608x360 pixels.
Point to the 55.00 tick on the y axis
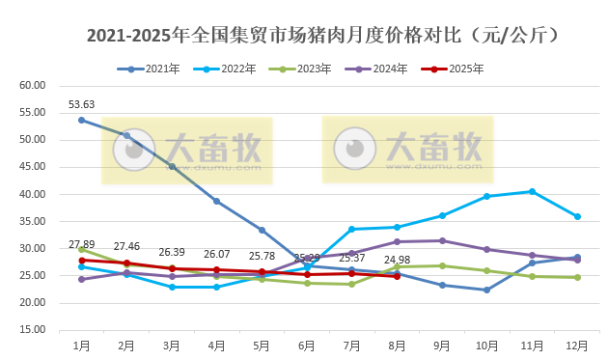tap(33, 113)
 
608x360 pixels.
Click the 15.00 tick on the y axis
tap(33, 330)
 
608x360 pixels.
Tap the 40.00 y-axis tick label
tap(33, 194)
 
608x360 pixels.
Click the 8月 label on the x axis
tap(397, 345)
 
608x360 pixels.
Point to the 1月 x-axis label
tap(81, 345)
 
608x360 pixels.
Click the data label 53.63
tap(81, 104)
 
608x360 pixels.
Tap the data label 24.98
tap(397, 260)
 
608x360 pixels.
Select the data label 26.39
tap(172, 252)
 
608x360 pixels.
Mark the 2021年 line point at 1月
tap(81, 120)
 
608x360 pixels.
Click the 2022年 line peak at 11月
tap(532, 191)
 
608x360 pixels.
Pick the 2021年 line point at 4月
tap(216, 201)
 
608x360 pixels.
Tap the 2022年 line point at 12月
tap(577, 216)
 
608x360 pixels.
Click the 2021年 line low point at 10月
tap(486, 290)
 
